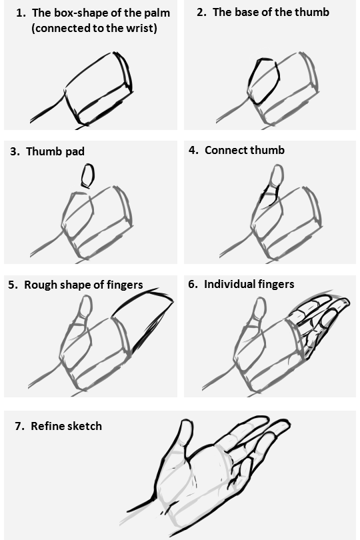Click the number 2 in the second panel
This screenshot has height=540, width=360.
(201, 12)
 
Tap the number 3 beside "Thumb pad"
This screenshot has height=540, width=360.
(14, 151)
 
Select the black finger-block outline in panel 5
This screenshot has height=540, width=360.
(143, 320)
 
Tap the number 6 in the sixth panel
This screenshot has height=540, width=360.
(192, 284)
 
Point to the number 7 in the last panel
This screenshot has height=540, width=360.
(19, 425)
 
